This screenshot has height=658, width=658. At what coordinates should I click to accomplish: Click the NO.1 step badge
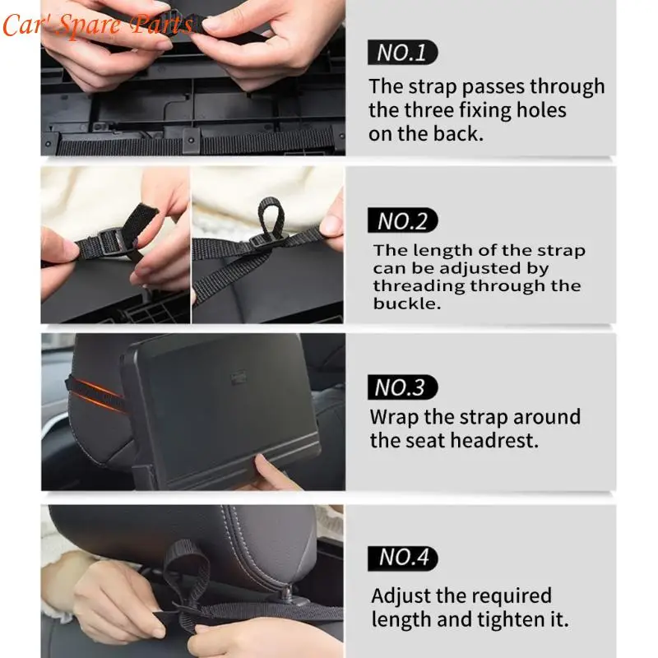click(x=402, y=53)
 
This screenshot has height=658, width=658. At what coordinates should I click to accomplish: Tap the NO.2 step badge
click(x=403, y=220)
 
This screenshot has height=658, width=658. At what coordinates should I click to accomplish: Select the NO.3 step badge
click(x=403, y=387)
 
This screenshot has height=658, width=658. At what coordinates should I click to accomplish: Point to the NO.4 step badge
click(x=403, y=557)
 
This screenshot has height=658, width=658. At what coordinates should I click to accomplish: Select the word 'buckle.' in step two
click(x=401, y=304)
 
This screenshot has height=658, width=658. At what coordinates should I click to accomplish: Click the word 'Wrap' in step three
click(x=393, y=417)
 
